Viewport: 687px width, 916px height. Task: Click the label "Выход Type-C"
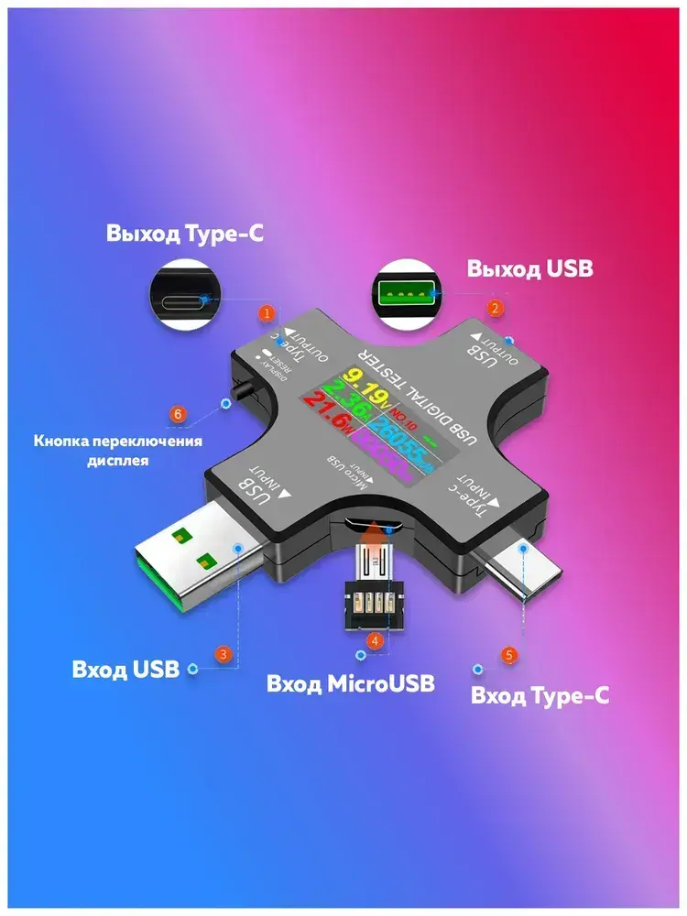(x=185, y=234)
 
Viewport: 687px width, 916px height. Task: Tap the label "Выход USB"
(x=529, y=269)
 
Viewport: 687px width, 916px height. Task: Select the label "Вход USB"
(x=125, y=669)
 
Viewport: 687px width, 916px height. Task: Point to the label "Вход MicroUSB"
(x=351, y=683)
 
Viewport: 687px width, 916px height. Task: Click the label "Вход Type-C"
(x=540, y=695)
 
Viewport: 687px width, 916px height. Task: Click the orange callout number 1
(x=267, y=313)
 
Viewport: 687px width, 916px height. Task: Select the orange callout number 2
(x=495, y=309)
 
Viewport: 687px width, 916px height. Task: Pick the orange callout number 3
(x=223, y=654)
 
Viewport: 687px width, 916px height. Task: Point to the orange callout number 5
(x=509, y=655)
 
